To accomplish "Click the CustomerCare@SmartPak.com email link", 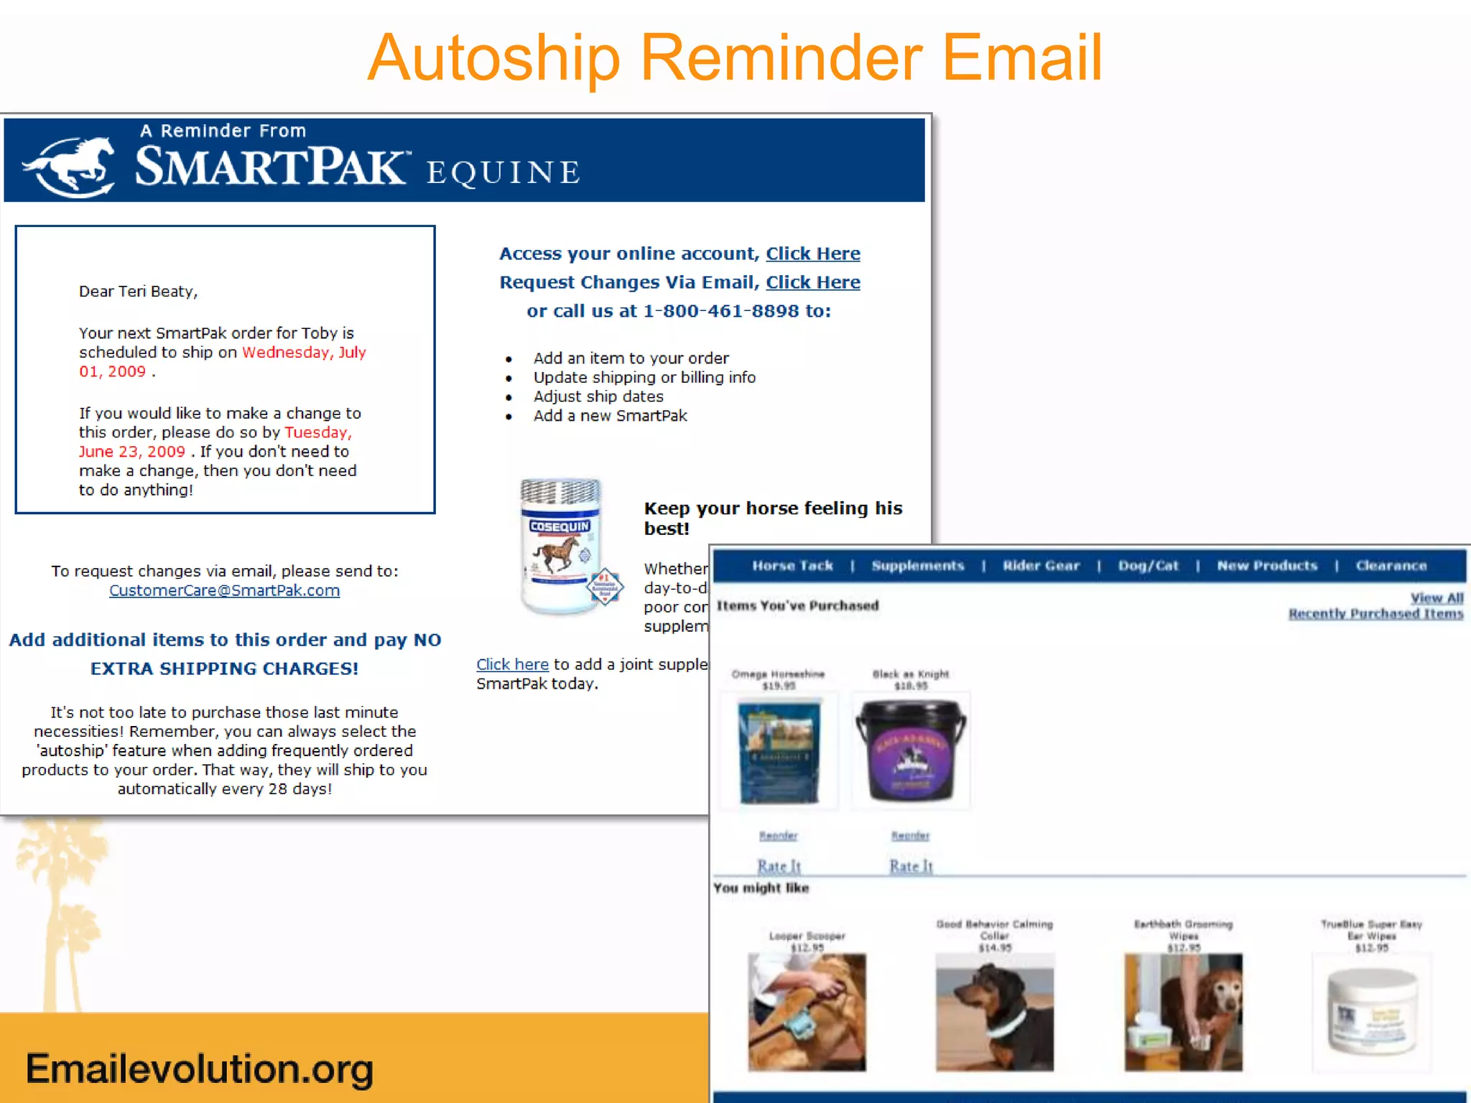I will click(x=224, y=590).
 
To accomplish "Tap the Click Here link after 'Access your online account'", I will click(x=812, y=253).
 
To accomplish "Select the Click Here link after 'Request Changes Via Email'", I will click(x=812, y=282).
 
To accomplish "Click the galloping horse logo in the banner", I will click(x=69, y=166).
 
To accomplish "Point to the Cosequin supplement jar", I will click(x=561, y=546).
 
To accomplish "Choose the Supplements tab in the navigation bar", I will click(x=917, y=566).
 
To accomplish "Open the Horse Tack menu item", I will click(x=792, y=566).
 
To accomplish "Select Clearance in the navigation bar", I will click(x=1391, y=566).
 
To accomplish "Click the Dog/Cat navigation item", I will click(x=1148, y=566).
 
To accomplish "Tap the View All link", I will click(x=1437, y=597).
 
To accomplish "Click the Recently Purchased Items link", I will click(x=1375, y=613).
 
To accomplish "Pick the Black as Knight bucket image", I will click(x=911, y=750).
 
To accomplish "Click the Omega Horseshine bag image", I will click(x=779, y=751).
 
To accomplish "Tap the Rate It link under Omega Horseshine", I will click(x=779, y=866).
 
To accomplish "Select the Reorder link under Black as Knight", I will click(x=911, y=836).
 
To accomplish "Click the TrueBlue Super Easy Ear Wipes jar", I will click(x=1372, y=1011).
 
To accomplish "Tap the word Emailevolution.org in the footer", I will click(x=200, y=1069).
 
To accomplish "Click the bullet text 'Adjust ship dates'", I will click(x=598, y=396).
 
